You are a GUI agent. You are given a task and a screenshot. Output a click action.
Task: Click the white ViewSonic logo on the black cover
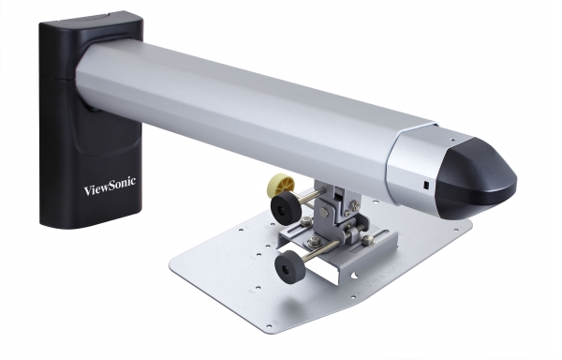pos(109,187)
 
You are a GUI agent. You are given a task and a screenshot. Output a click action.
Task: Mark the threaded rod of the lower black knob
pos(318,251)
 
